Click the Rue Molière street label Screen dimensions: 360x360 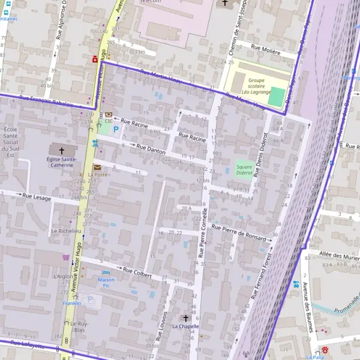[x=266, y=52]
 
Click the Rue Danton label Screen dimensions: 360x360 [x=151, y=149]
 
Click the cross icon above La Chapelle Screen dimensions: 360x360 [x=185, y=317]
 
